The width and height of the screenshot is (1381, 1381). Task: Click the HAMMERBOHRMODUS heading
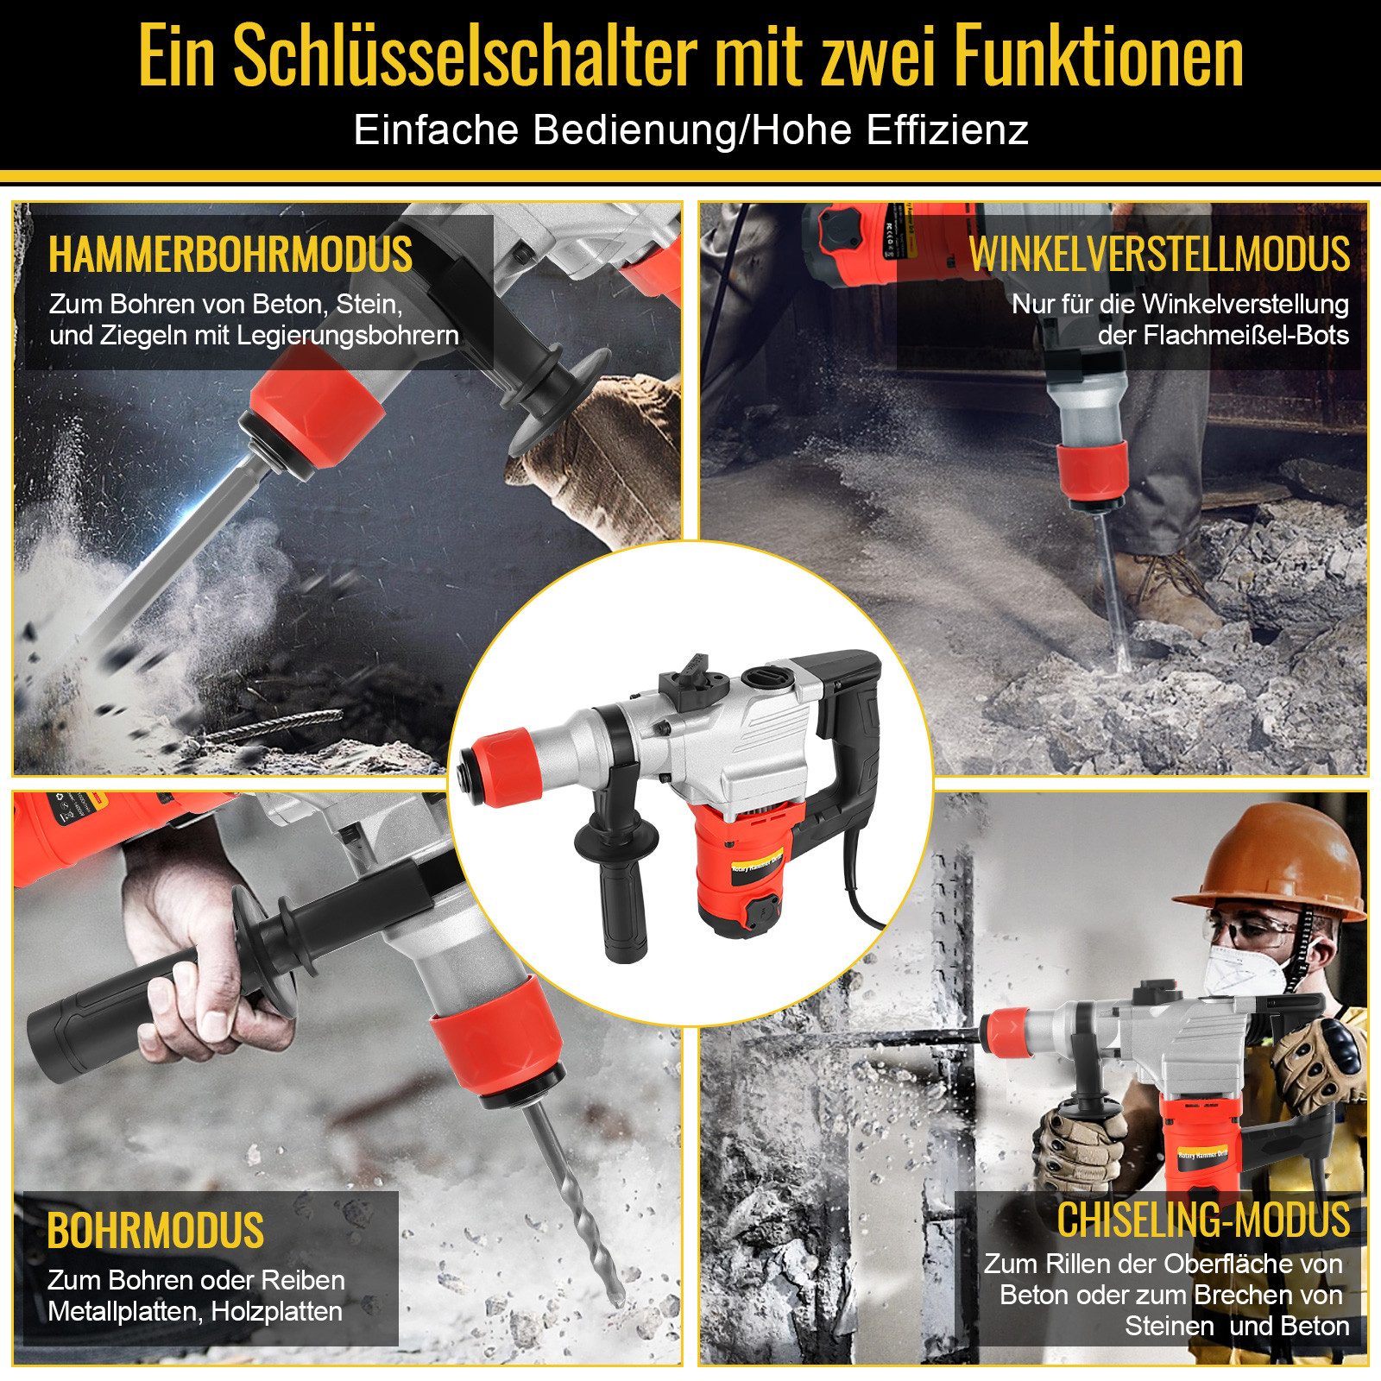pos(230,255)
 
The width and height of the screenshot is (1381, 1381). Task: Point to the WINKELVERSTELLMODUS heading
pos(1159,255)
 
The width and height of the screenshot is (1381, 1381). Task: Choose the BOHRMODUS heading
pos(155,1231)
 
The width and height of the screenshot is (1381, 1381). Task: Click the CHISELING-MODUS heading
pos(1203,1220)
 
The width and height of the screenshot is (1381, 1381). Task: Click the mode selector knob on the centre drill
pos(690,678)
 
